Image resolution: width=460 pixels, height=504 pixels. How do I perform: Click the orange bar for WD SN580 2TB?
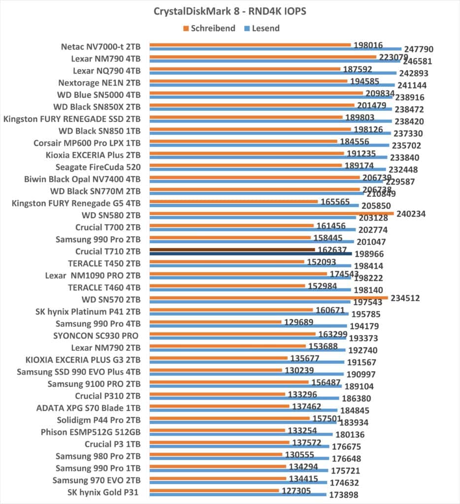click(x=271, y=213)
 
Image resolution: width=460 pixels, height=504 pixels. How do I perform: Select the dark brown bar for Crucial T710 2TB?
click(x=232, y=250)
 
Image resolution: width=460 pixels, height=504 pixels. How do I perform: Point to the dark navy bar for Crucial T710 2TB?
click(x=250, y=254)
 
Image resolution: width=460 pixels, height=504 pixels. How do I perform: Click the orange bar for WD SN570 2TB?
click(x=268, y=297)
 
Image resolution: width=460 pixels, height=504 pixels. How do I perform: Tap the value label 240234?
click(x=411, y=214)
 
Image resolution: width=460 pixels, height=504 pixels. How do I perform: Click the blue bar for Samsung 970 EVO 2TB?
click(x=238, y=482)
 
